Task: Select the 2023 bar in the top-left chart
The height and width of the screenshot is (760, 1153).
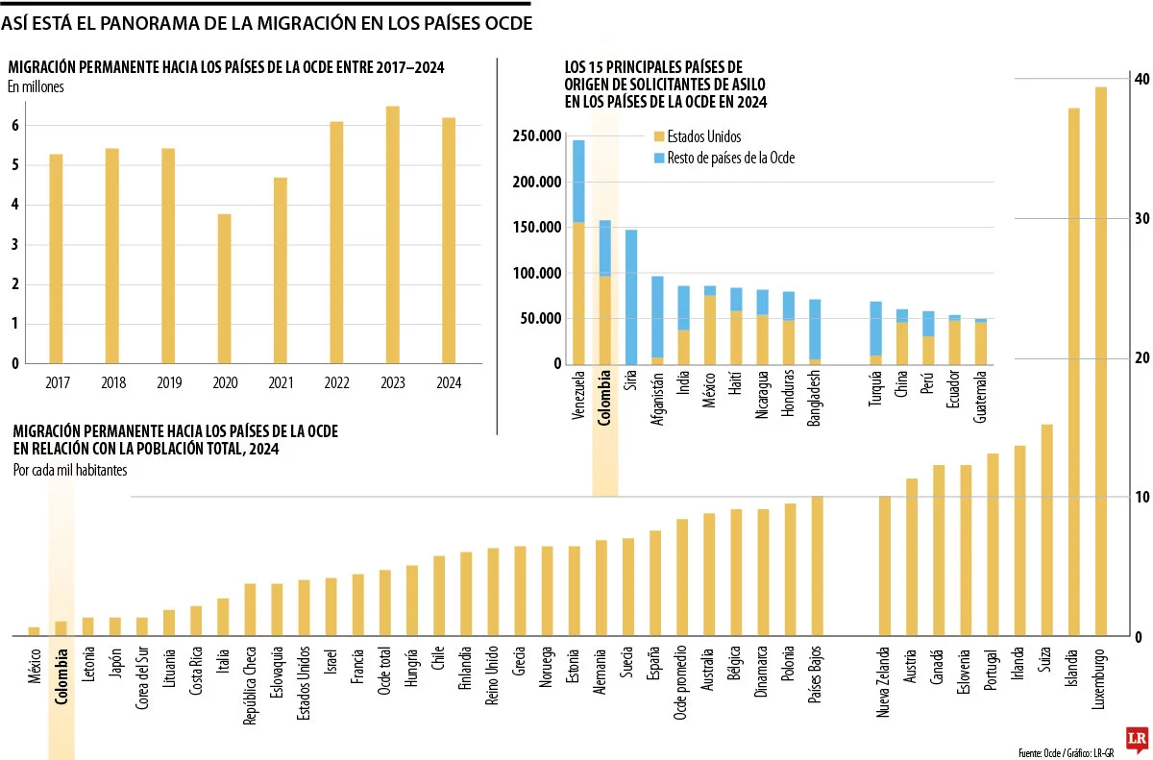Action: click(393, 235)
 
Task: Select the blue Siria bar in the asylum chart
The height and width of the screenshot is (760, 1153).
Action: click(631, 297)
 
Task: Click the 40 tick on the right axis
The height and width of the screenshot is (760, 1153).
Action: click(1139, 79)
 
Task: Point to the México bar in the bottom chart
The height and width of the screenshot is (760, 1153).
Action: click(34, 631)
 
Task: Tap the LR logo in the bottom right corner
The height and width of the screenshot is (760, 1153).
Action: click(1137, 738)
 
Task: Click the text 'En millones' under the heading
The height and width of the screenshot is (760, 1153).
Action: click(36, 87)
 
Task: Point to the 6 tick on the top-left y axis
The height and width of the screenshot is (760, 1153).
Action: click(15, 126)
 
